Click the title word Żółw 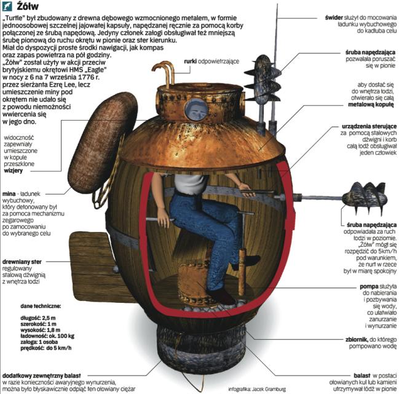pyautogui.click(x=28, y=6)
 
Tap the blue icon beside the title pyautogui.click(x=7, y=6)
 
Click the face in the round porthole pyautogui.click(x=196, y=110)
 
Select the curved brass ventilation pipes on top pyautogui.click(x=164, y=73)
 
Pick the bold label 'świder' pyautogui.click(x=334, y=18)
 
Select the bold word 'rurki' pyautogui.click(x=191, y=61)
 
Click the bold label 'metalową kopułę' pyautogui.click(x=371, y=105)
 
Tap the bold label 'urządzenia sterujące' pyautogui.click(x=369, y=126)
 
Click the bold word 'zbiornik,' pyautogui.click(x=357, y=339)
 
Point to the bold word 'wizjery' pyautogui.click(x=14, y=171)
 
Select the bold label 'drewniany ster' pyautogui.click(x=22, y=262)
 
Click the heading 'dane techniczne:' pyautogui.click(x=41, y=306)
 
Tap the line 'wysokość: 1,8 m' pyautogui.click(x=41, y=330)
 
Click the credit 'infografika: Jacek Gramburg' pyautogui.click(x=257, y=389)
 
